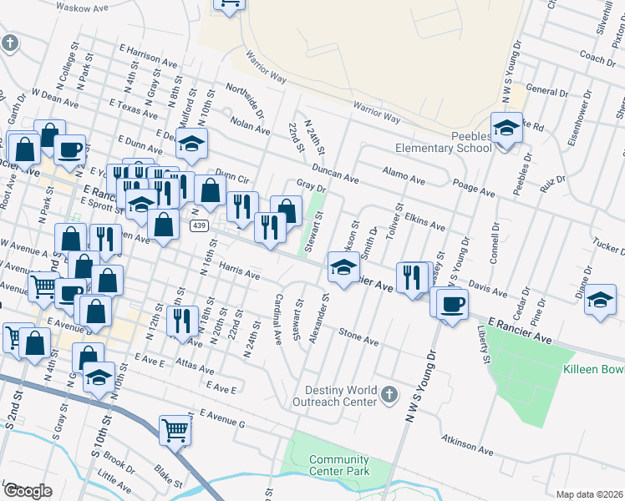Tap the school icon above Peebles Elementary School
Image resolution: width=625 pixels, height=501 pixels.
pyautogui.click(x=506, y=128)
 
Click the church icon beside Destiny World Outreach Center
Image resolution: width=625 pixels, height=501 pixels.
pyautogui.click(x=388, y=393)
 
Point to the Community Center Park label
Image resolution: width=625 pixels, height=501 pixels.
pyautogui.click(x=338, y=466)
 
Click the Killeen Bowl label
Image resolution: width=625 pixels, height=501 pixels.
pyautogui.click(x=594, y=368)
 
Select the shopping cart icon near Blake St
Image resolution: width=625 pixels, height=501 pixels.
pyautogui.click(x=175, y=430)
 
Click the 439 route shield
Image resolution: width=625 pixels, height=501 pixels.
pyautogui.click(x=199, y=225)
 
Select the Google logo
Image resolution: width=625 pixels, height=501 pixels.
pyautogui.click(x=28, y=490)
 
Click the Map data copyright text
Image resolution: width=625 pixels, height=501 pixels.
pyautogui.click(x=589, y=494)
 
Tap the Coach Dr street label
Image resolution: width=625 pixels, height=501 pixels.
pyautogui.click(x=597, y=59)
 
